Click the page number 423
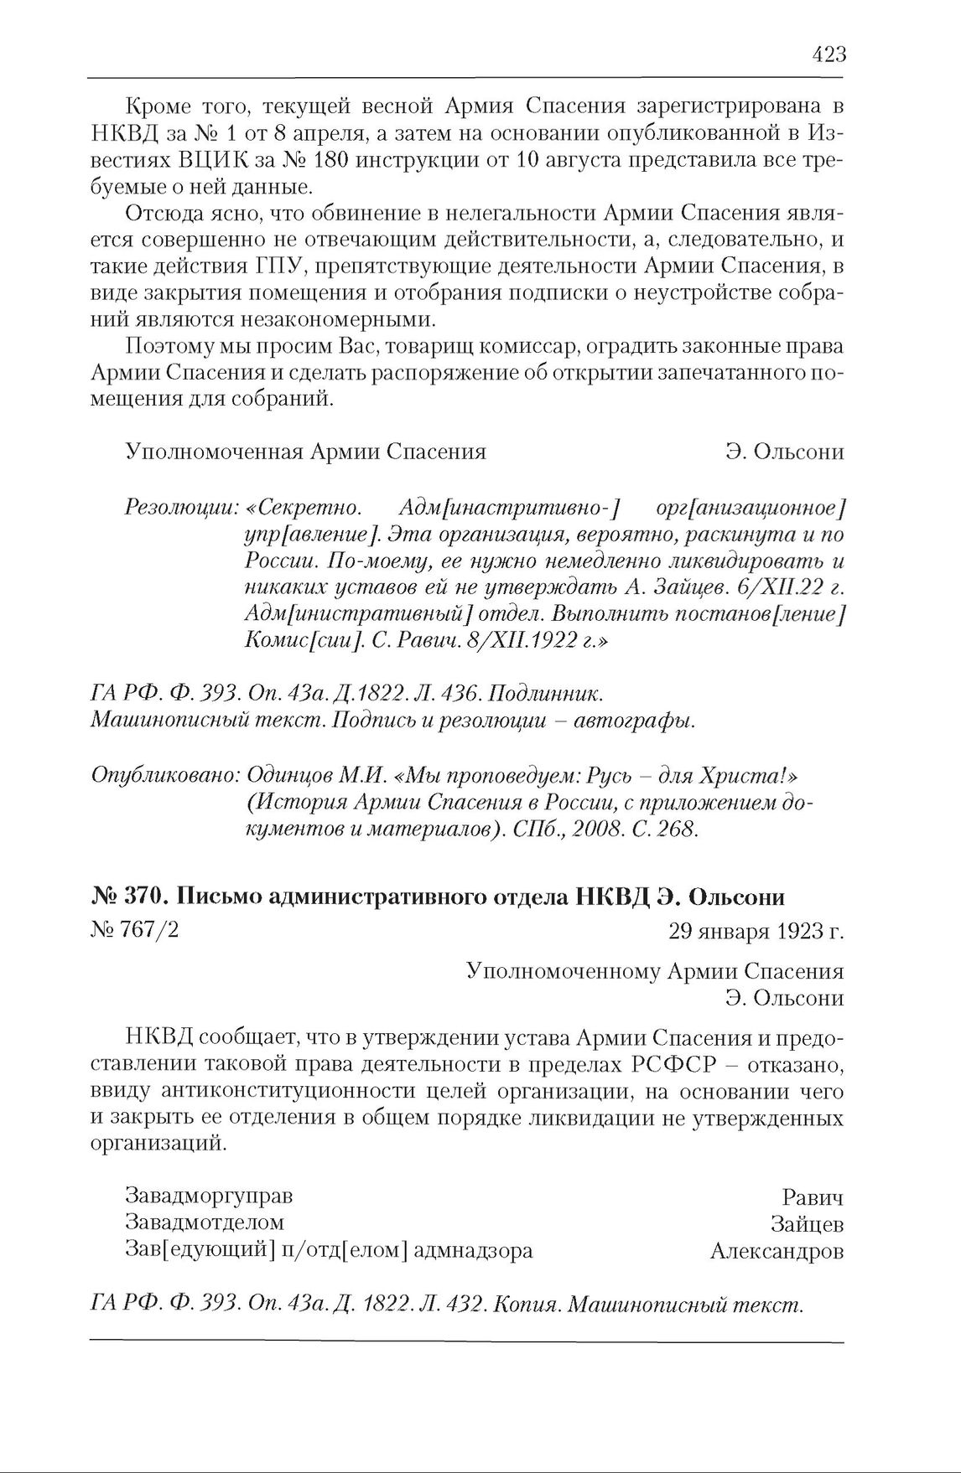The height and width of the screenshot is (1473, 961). coord(829,55)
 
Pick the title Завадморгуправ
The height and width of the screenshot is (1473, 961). coord(209,1196)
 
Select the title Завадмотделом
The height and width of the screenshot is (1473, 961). coord(204,1223)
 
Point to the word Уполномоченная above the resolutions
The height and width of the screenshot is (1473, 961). coord(213,452)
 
